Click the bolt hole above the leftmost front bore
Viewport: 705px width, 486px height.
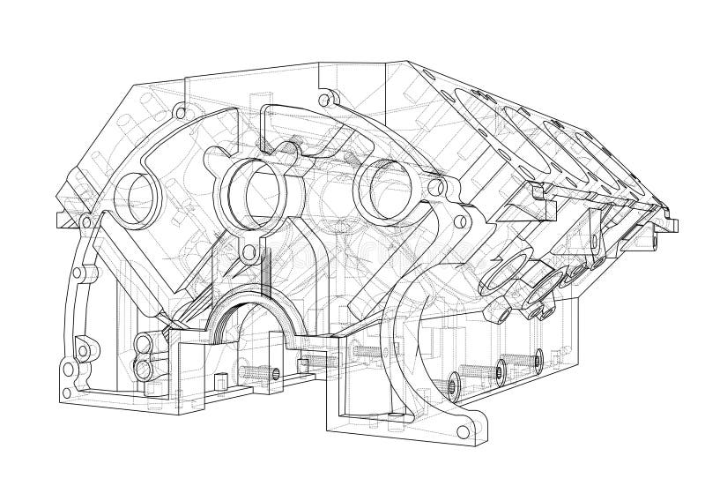click(x=182, y=114)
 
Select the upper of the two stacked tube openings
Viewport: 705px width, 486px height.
click(x=140, y=341)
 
